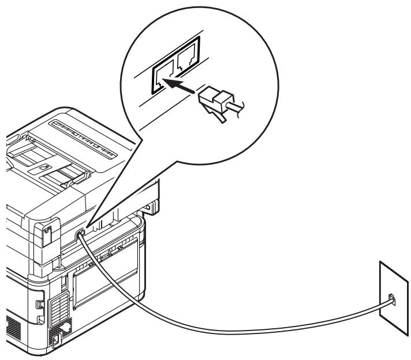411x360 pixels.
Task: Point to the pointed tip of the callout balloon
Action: (x=85, y=227)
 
